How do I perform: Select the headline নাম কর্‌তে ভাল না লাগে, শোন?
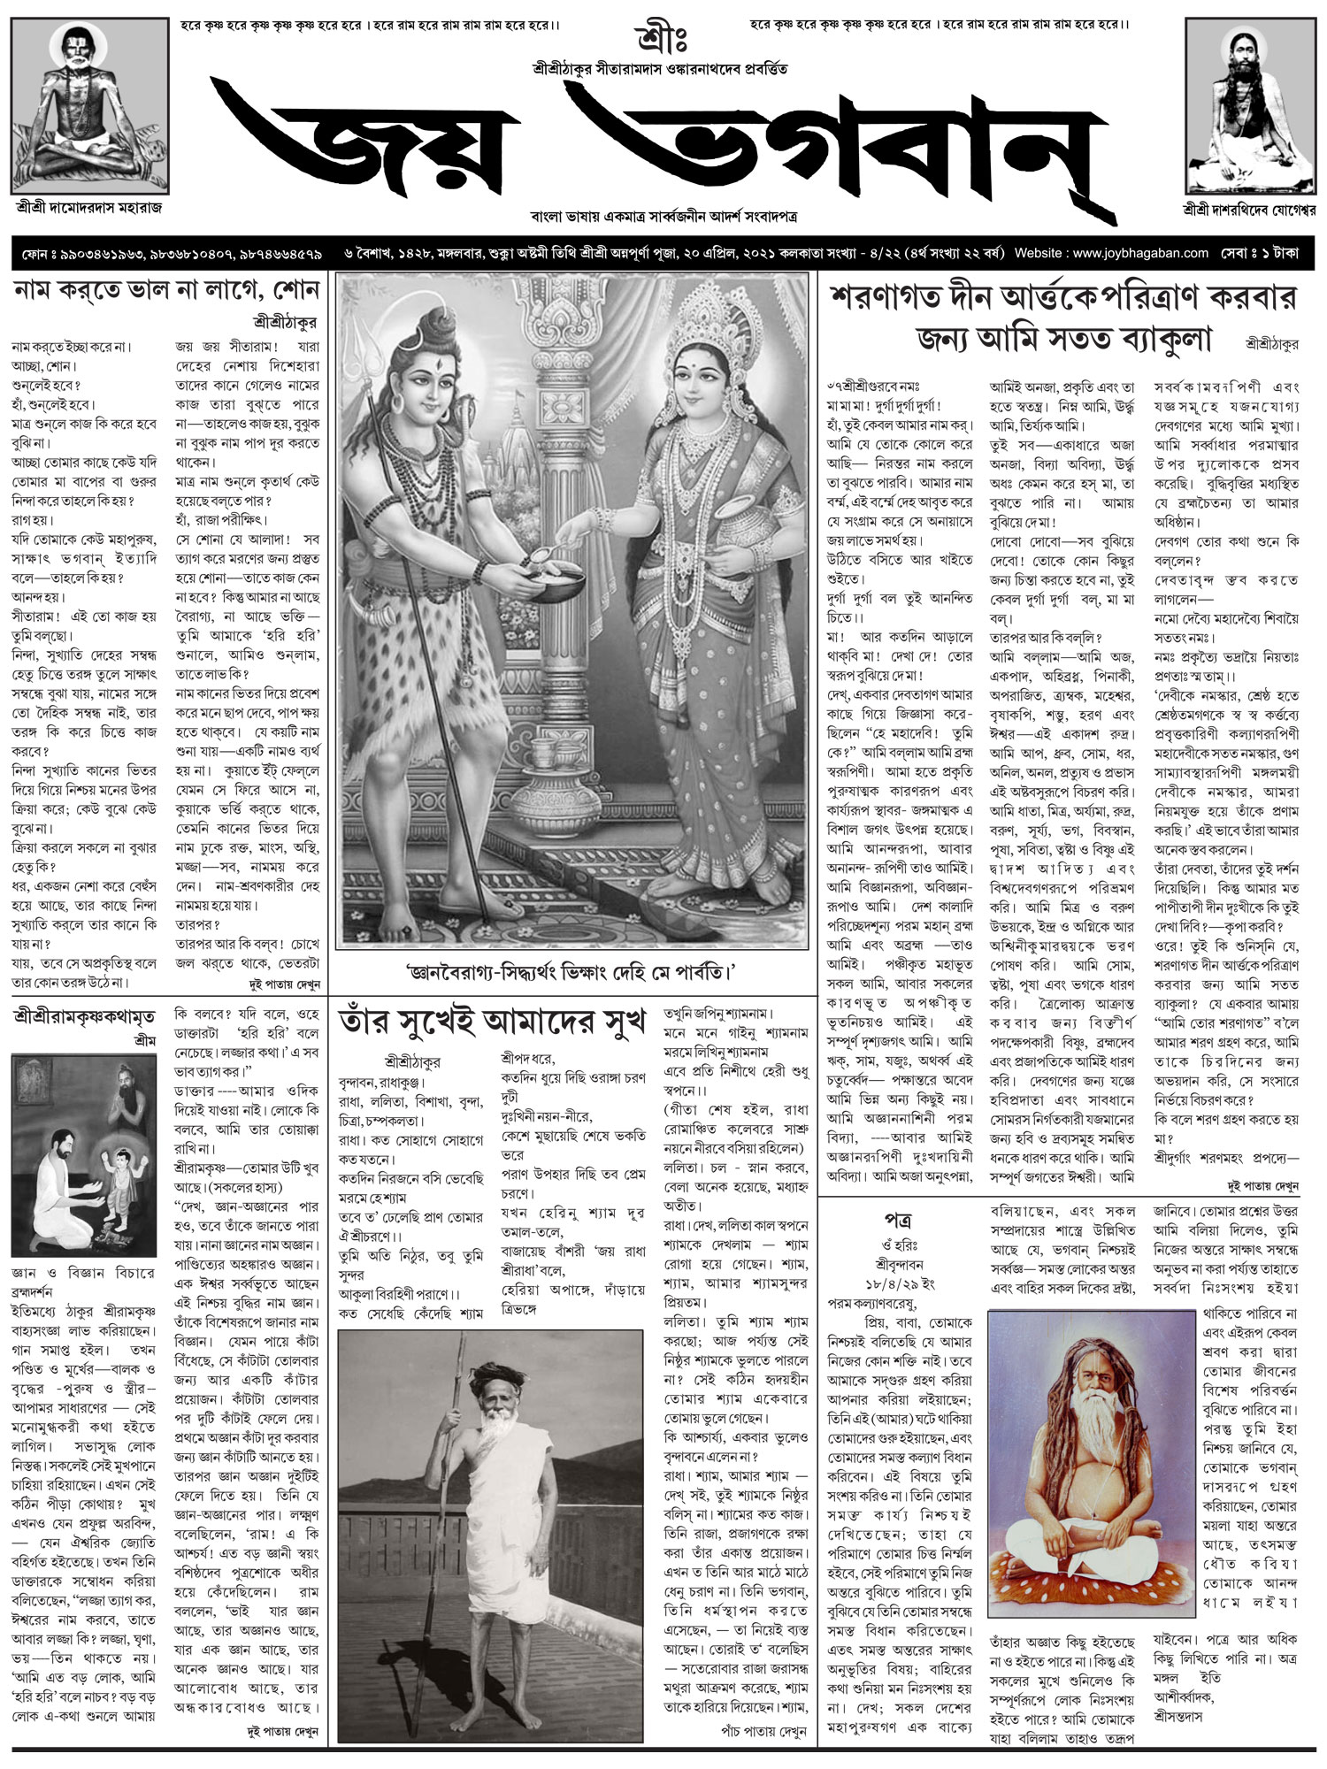click(x=165, y=292)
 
